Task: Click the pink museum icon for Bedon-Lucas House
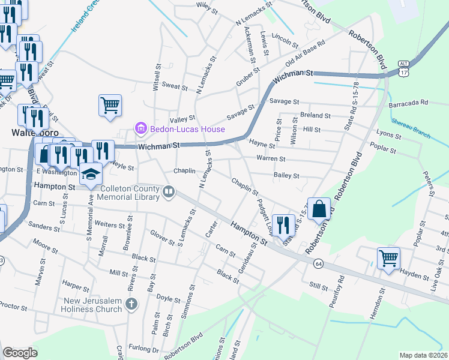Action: click(x=141, y=128)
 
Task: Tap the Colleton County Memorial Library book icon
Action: click(x=169, y=192)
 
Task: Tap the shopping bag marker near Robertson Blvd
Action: click(x=319, y=210)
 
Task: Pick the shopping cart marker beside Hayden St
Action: click(x=388, y=259)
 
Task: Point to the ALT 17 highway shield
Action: click(x=403, y=68)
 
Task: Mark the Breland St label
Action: click(x=316, y=115)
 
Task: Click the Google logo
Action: click(x=20, y=353)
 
